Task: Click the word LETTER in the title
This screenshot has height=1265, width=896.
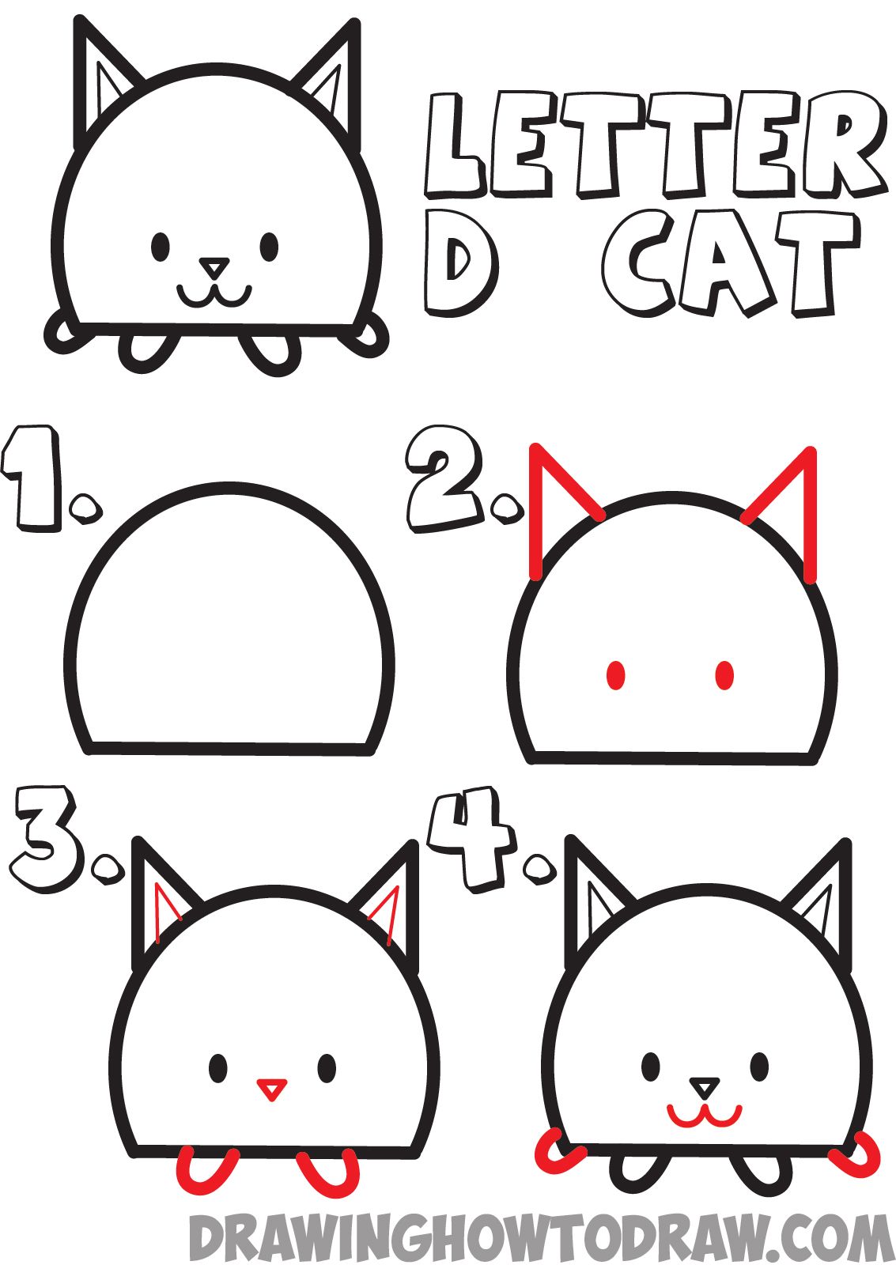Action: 652,145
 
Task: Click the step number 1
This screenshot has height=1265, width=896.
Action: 36,478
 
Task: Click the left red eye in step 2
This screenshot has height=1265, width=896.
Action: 616,675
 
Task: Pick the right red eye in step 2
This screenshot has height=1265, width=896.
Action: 724,675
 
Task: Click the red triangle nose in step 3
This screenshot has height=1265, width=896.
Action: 271,1089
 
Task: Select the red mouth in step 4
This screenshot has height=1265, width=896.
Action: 704,1116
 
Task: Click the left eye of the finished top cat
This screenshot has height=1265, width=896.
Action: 161,247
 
